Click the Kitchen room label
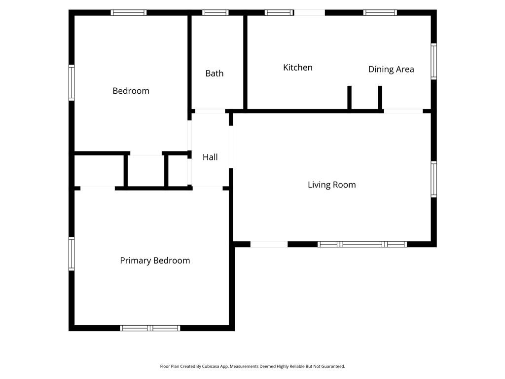pos(297,68)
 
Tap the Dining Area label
pos(391,70)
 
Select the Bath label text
pos(214,74)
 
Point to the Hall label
pos(210,157)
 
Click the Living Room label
pos(331,185)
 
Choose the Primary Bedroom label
pos(155,261)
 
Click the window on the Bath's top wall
pos(215,12)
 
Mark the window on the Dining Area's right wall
pos(433,61)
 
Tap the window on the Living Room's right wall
pos(433,180)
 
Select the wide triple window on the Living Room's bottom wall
pos(362,244)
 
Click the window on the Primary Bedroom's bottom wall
pos(150,328)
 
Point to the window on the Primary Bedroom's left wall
pos(72,254)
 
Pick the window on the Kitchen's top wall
pos(279,12)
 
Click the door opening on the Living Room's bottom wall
pos(269,244)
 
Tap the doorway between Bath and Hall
pos(210,111)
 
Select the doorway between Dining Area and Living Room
pos(403,111)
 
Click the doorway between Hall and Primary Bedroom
pos(207,188)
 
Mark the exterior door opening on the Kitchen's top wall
pos(310,12)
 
